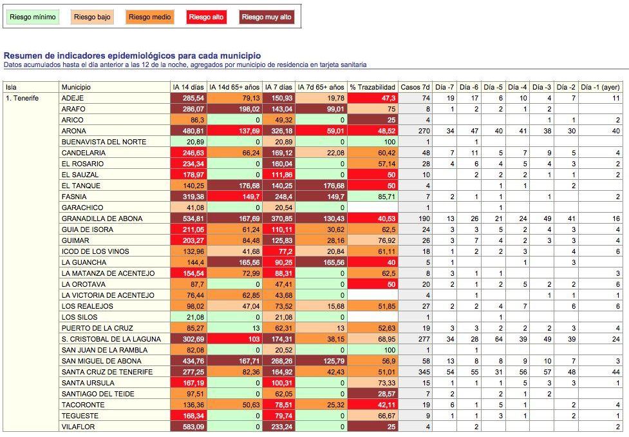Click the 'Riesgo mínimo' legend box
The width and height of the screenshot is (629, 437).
[33, 17]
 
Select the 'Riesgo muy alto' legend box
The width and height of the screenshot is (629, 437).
[267, 17]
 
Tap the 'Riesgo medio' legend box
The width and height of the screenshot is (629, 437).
[149, 17]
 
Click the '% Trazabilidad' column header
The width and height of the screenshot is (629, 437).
[372, 87]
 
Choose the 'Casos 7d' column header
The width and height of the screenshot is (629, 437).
[415, 87]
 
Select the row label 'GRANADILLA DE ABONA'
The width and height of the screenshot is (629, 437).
[96, 218]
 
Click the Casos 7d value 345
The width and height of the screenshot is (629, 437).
[423, 372]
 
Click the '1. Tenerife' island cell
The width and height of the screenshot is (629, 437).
[23, 98]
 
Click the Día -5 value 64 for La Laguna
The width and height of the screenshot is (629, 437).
[496, 339]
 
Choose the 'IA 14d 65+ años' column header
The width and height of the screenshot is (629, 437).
[234, 87]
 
